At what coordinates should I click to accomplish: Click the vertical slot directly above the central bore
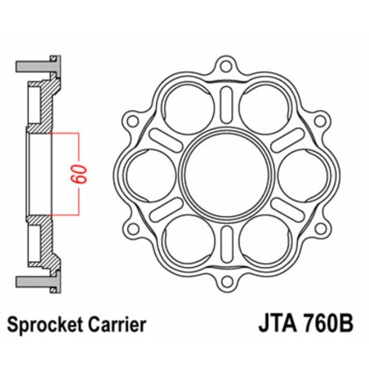[222, 106]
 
